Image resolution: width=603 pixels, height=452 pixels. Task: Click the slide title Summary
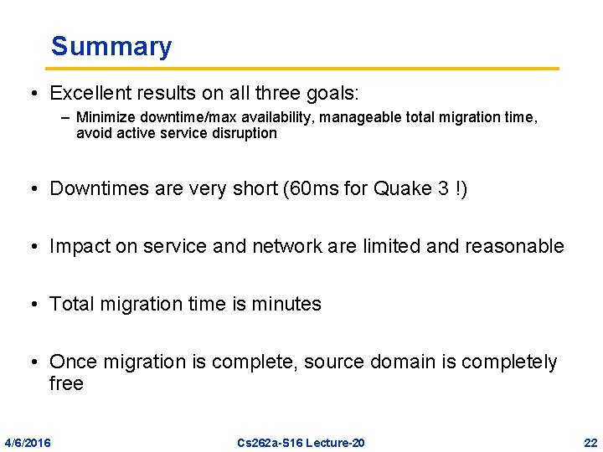(x=111, y=46)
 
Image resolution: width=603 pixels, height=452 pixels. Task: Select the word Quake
(x=405, y=189)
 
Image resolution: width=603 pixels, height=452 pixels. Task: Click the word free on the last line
(x=67, y=383)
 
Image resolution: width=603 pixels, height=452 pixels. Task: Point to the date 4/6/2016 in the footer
(x=27, y=442)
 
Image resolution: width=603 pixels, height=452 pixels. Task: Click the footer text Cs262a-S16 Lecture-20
(x=301, y=442)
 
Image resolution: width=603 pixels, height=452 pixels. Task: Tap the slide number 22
(x=590, y=442)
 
